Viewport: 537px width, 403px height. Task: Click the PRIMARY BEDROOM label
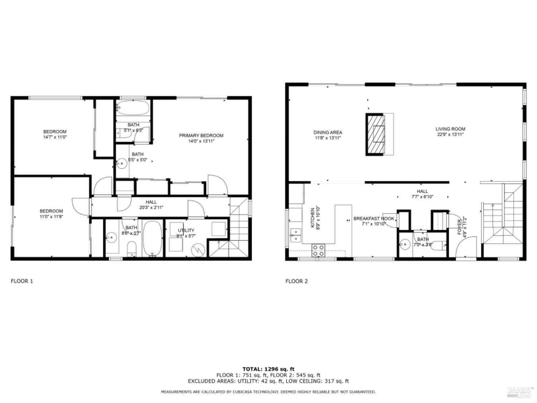tap(201, 135)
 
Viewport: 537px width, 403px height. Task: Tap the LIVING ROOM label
tap(450, 129)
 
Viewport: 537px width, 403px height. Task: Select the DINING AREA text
tap(328, 132)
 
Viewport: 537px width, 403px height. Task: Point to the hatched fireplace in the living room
tap(374, 134)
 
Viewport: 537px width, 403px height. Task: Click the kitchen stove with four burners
tap(318, 250)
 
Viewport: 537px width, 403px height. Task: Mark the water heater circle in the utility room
tap(198, 249)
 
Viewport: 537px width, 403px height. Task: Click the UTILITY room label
tap(186, 230)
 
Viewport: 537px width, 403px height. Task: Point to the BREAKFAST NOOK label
tap(374, 219)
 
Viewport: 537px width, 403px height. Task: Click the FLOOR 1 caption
tap(22, 281)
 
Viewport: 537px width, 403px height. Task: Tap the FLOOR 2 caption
tap(296, 281)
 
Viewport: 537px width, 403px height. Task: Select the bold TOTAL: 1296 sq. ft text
tap(268, 369)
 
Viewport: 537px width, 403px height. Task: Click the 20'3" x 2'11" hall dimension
tap(151, 207)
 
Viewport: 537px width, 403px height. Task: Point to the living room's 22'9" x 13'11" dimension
tap(450, 135)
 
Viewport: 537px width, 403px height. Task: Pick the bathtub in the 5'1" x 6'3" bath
tap(133, 107)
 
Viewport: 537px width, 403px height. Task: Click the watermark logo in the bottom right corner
tap(520, 392)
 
